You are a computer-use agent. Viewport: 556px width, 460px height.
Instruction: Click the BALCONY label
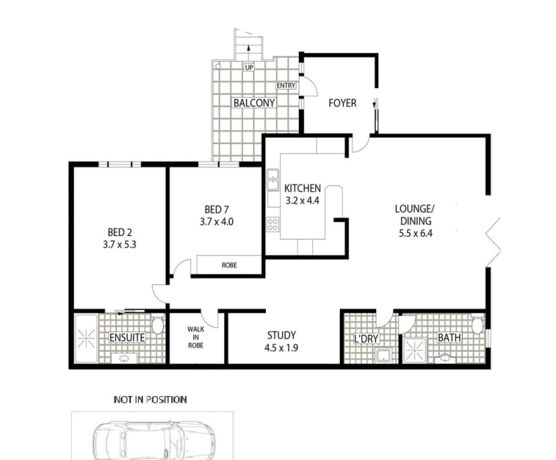pos(254,103)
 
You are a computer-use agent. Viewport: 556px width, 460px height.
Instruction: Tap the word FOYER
pos(342,103)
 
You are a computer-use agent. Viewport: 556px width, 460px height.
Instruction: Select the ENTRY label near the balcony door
pos(286,86)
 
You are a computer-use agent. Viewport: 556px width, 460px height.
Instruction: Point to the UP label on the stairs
pos(249,68)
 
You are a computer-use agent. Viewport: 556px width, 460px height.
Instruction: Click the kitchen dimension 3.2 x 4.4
pos(303,200)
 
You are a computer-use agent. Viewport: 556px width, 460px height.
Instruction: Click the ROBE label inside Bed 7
pos(229,266)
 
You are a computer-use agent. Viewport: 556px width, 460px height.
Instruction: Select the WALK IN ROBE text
pos(195,337)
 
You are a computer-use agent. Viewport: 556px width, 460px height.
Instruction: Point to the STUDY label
pos(281,335)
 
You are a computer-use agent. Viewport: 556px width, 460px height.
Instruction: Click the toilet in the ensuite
pos(158,326)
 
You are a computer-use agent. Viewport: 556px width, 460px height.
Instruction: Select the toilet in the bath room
pos(477,325)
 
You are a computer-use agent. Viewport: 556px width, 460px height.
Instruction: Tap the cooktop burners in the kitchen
pos(273,223)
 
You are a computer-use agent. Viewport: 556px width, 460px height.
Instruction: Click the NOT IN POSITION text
pos(150,399)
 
